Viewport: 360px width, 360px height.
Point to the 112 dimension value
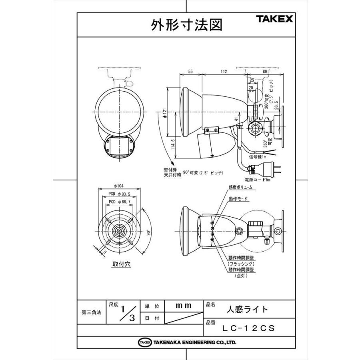224,72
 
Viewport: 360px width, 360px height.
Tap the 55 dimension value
190,72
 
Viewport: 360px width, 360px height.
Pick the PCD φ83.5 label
120,194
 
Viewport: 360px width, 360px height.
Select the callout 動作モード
238,199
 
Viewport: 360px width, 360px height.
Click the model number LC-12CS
248,328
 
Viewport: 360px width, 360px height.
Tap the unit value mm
184,305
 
